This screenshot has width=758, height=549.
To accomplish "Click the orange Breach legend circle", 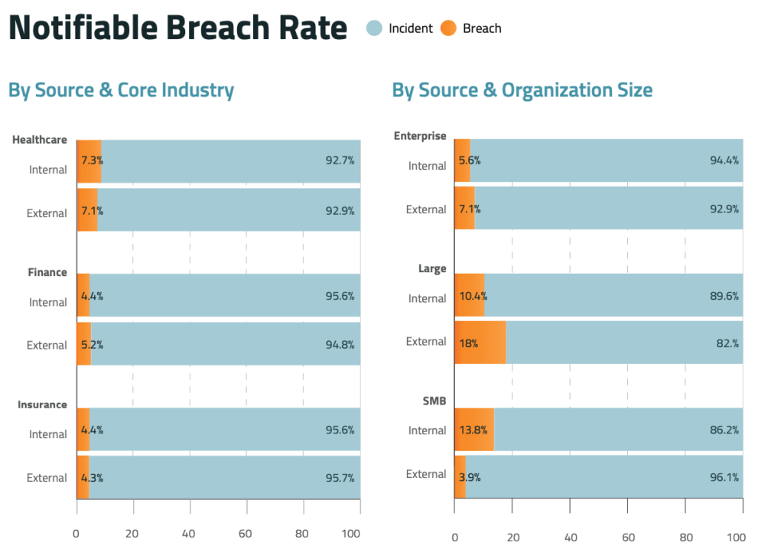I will coord(449,28).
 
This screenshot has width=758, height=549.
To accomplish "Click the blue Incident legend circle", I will coord(374,28).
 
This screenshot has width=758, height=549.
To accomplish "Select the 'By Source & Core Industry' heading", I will coord(121,90).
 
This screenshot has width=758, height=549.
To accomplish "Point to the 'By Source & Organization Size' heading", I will coord(522,90).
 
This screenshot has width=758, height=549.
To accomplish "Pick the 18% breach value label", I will coord(468,343).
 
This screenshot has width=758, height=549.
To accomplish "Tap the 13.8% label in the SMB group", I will coord(473,430).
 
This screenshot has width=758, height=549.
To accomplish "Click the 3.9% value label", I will coord(470,478).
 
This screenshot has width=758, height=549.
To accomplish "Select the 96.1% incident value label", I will coord(724,478).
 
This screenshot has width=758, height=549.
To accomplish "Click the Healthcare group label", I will coord(39,140).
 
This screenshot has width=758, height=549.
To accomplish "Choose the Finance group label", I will coord(47,272).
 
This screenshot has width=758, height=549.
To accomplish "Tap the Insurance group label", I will coord(42,404).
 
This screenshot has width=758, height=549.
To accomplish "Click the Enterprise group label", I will coord(420,136).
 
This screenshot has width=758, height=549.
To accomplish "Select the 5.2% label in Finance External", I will coord(92,344).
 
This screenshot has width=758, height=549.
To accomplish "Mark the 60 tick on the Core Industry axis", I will coord(246,533).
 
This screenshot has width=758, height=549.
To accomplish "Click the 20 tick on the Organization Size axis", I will coord(512,537).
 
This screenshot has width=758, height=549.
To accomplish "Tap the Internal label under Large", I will coord(427,298).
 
